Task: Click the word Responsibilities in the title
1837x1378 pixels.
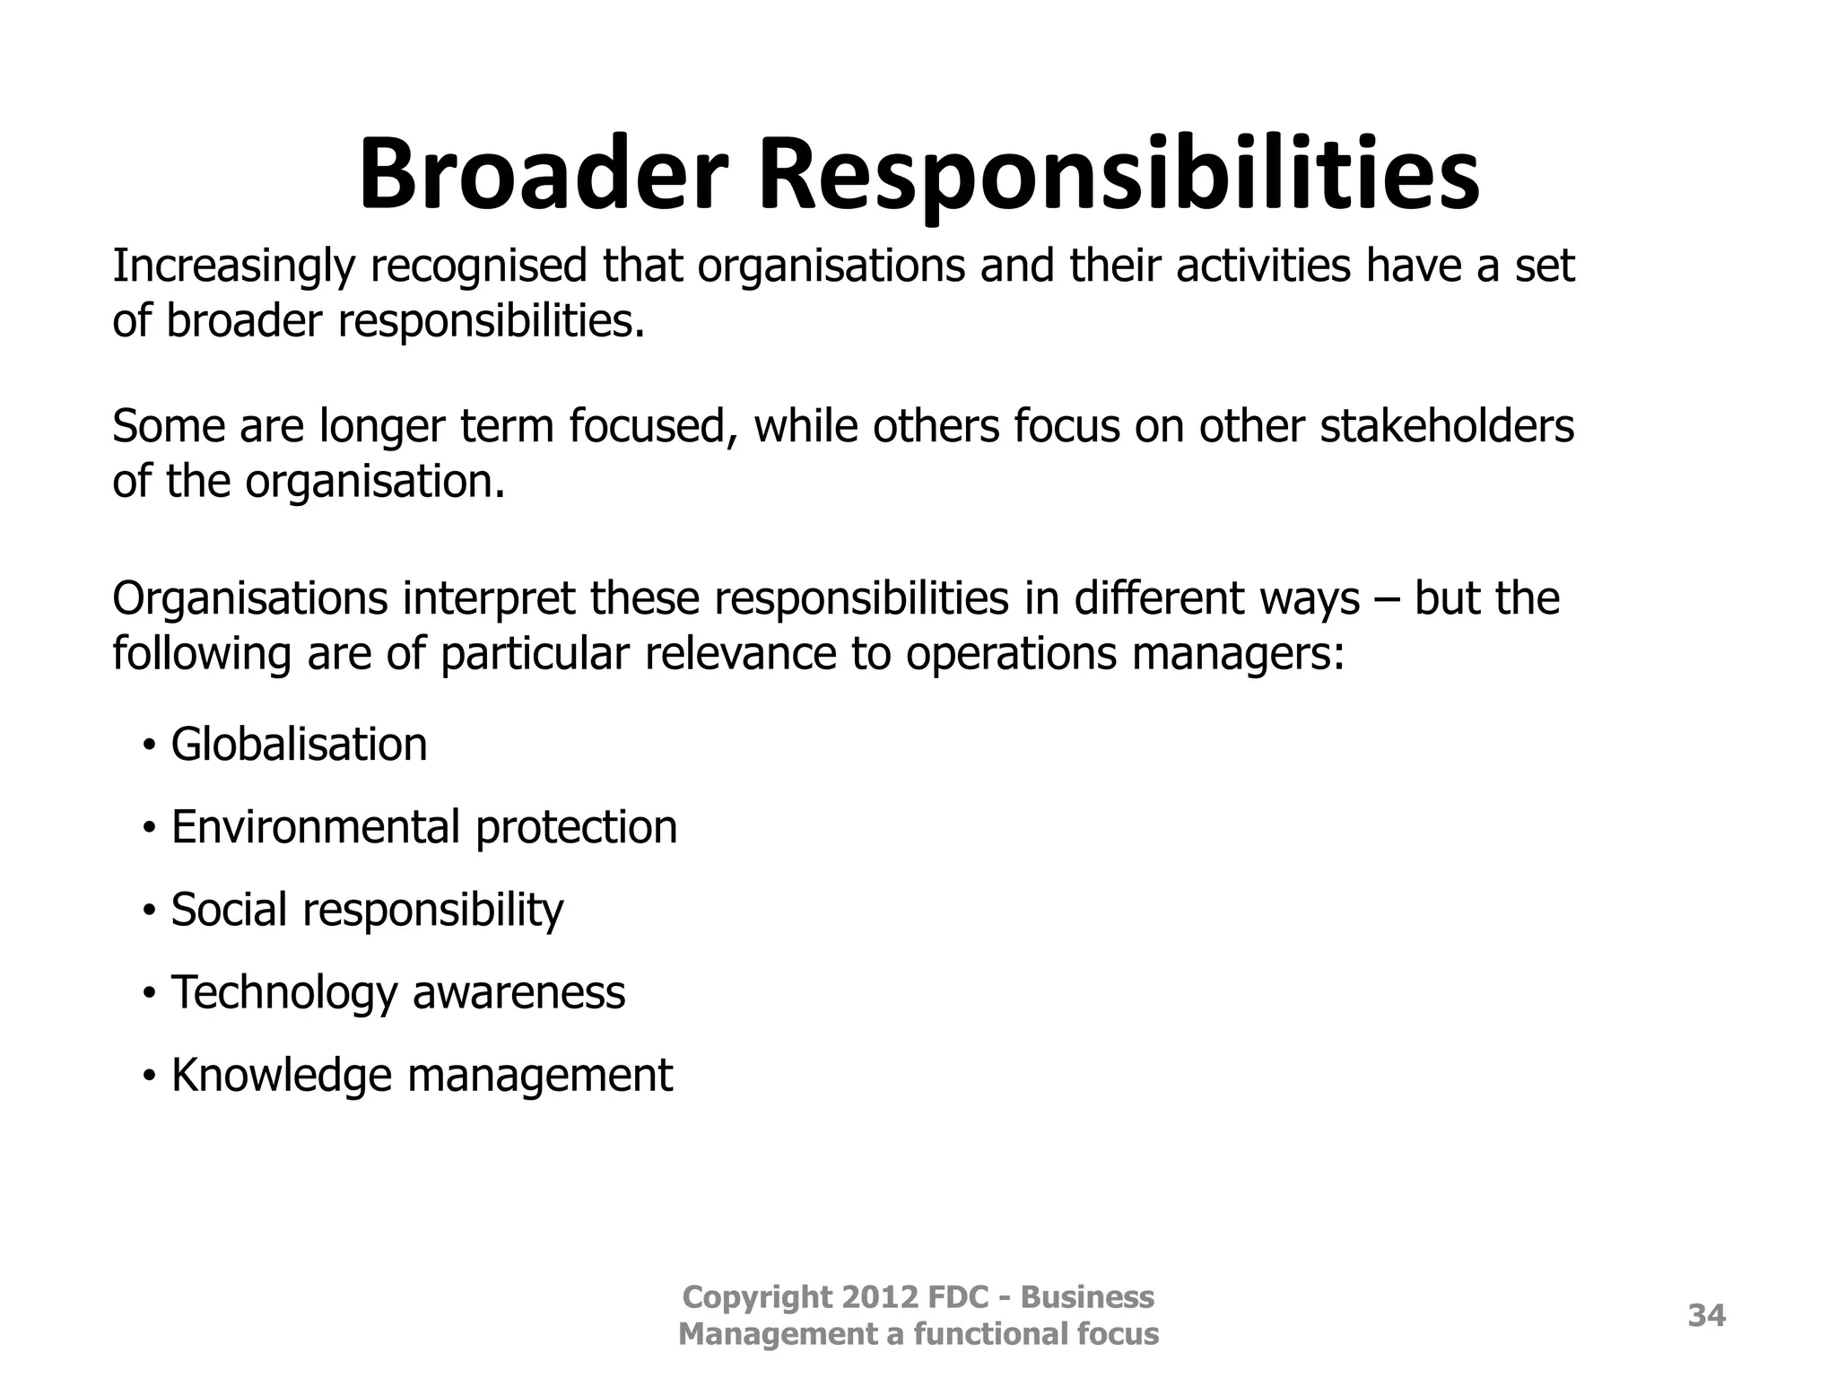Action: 1119,175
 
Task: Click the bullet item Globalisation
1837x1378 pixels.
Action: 299,745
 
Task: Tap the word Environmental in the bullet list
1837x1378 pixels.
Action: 315,827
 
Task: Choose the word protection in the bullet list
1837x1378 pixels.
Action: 576,827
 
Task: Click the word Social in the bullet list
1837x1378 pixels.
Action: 229,910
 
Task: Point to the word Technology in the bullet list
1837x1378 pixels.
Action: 283,993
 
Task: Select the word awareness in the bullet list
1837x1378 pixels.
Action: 518,993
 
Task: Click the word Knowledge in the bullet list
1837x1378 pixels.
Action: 282,1076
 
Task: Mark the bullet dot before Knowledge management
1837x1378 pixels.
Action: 149,1074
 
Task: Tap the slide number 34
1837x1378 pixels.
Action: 1706,1316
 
